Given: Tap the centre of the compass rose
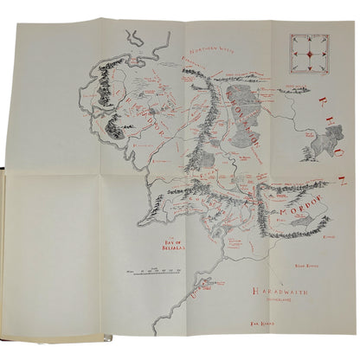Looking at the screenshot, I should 308,50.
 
